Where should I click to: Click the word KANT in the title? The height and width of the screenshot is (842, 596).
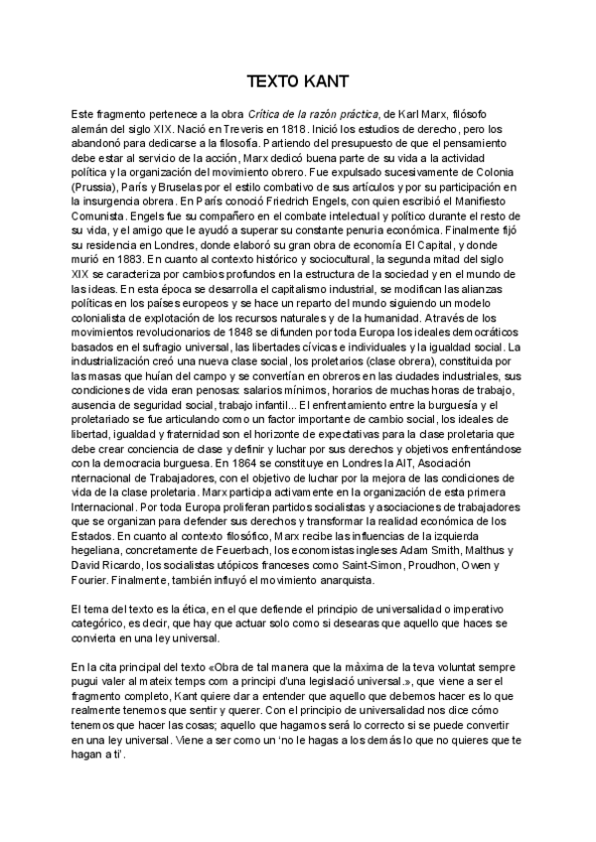pyautogui.click(x=323, y=81)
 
